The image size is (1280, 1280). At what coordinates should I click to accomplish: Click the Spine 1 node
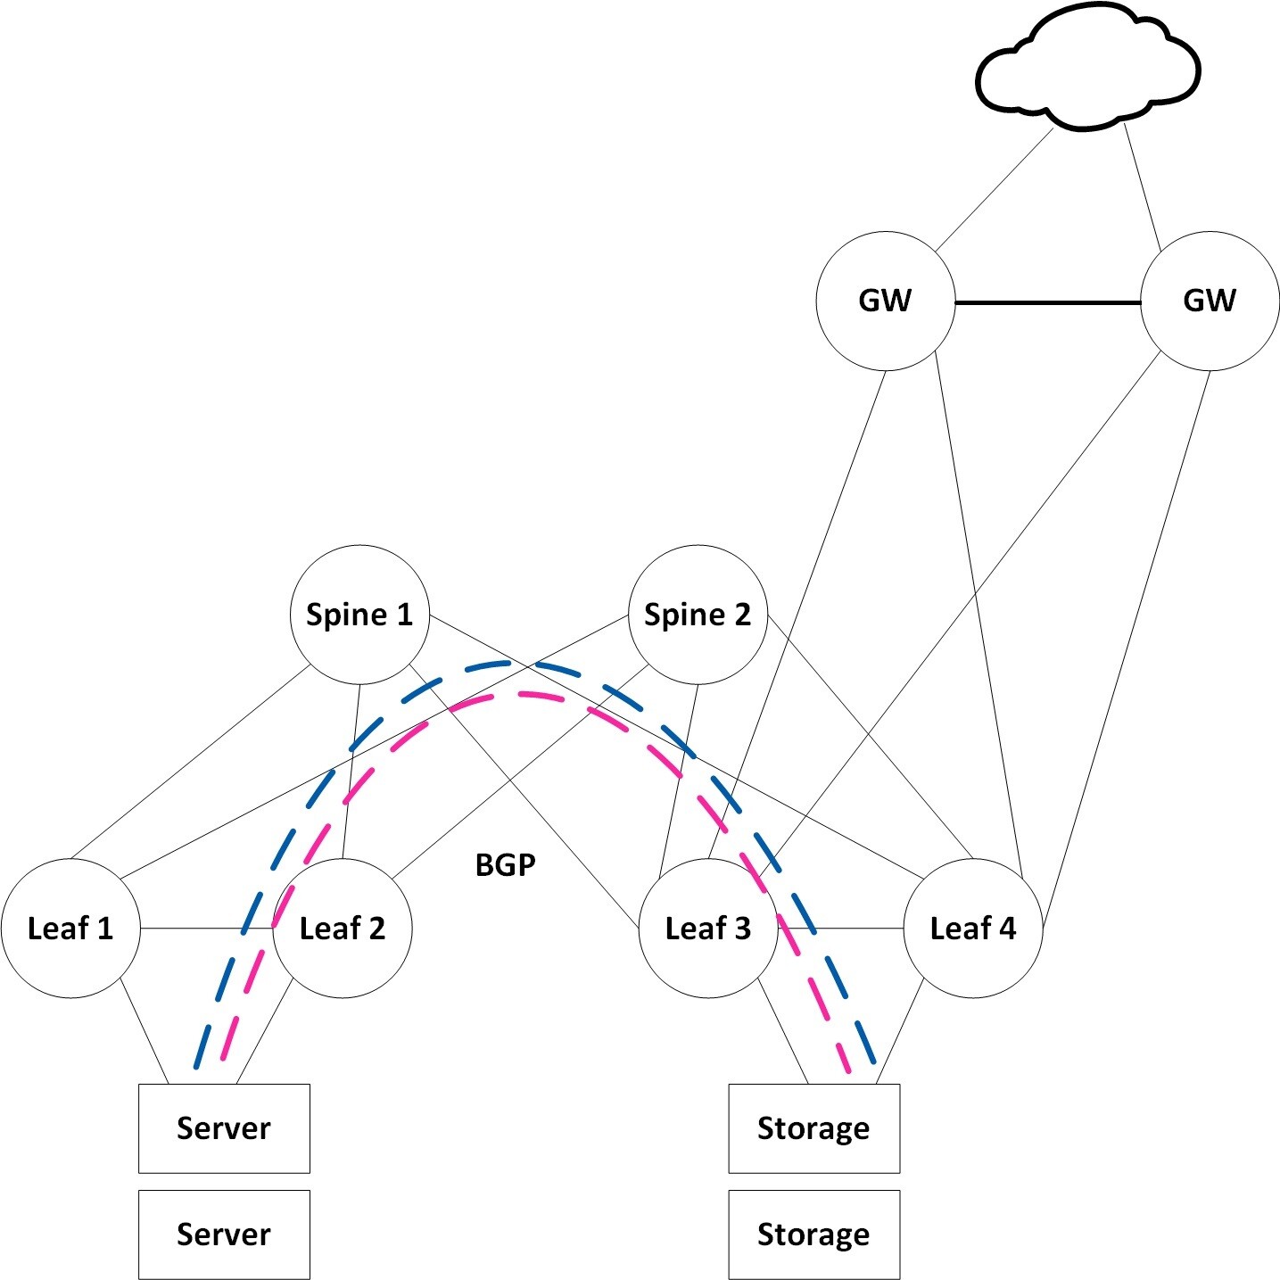tap(359, 615)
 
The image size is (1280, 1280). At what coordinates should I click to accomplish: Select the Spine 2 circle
tap(698, 615)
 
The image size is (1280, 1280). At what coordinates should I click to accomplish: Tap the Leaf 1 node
tap(70, 929)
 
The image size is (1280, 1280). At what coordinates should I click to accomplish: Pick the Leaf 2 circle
tap(343, 929)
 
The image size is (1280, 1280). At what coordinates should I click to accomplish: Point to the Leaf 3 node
tap(708, 929)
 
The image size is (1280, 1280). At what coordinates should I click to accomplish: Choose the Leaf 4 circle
tap(973, 929)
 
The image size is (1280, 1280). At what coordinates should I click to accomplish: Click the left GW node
tap(885, 301)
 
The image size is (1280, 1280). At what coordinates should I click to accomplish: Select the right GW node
tap(1210, 301)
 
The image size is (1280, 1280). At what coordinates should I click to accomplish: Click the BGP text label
tap(506, 865)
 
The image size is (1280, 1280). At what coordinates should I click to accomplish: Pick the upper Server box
tap(224, 1128)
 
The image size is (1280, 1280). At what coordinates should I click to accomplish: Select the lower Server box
tap(224, 1235)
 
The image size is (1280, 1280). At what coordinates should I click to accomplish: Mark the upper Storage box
tap(813, 1128)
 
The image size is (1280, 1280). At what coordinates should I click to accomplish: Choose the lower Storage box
tap(813, 1235)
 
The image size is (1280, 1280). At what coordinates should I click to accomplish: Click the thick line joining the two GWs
tap(1048, 303)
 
